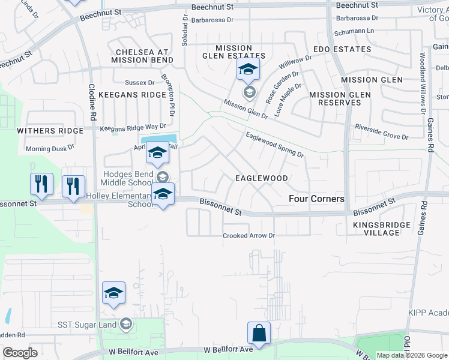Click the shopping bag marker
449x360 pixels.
pos(259,333)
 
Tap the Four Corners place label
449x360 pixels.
pos(317,199)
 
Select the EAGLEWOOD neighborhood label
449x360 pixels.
pos(261,178)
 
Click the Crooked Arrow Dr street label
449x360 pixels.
pos(249,236)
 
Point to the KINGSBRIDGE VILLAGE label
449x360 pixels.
pos(382,229)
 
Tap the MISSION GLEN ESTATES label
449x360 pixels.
pos(234,52)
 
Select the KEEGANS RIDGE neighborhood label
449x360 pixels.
pos(132,95)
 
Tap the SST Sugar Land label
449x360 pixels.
pos(89,325)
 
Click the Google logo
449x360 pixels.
pos(20,353)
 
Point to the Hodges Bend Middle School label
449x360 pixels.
pos(124,178)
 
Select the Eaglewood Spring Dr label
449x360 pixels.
pos(274,145)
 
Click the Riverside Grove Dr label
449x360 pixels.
pos(381,132)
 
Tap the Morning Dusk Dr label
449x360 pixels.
pos(50,148)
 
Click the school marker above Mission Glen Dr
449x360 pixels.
pos(248,70)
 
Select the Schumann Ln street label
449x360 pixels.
pos(355,31)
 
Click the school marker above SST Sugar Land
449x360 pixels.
pos(113,293)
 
